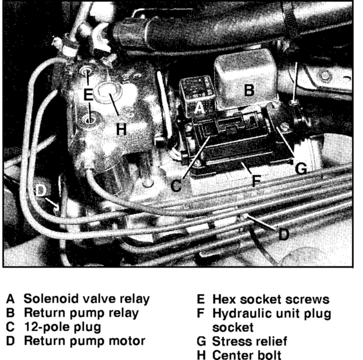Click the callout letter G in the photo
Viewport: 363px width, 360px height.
click(301, 168)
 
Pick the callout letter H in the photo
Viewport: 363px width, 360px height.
click(121, 129)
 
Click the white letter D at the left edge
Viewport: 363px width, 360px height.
click(40, 191)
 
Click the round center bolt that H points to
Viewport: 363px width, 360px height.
click(108, 92)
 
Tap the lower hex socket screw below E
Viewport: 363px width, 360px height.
click(89, 120)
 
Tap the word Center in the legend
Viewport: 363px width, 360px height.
click(231, 355)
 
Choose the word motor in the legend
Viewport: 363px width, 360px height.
click(127, 341)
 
